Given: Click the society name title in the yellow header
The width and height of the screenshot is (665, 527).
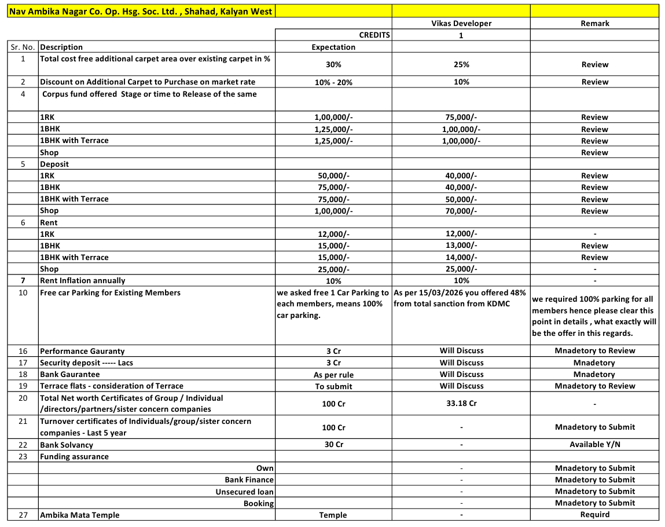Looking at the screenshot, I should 141,11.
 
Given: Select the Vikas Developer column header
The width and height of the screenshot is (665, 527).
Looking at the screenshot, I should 461,23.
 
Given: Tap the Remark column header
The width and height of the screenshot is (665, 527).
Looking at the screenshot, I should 594,23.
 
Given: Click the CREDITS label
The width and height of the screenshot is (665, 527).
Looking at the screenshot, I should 374,35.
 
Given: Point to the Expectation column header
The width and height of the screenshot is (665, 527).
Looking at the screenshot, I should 333,47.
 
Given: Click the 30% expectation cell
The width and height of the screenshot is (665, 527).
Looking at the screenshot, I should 333,64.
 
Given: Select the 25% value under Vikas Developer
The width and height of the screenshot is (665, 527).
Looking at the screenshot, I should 461,64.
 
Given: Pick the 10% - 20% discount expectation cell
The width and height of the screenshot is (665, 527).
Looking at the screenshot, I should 333,82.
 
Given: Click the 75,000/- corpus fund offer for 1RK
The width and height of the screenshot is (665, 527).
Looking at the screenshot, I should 461,117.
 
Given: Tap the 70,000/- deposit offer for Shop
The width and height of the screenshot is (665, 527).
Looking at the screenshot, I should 461,211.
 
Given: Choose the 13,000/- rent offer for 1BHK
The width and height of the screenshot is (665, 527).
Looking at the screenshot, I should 461,246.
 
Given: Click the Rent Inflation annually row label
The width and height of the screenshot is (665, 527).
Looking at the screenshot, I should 82,281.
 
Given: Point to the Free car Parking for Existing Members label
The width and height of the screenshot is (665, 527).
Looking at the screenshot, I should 110,292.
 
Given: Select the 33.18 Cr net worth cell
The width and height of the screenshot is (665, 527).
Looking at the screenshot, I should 461,403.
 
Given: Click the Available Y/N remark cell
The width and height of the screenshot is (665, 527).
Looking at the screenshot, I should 594,445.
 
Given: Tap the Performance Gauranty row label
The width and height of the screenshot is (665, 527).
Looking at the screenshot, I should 82,351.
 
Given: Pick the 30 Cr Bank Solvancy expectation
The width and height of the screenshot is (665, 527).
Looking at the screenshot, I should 333,445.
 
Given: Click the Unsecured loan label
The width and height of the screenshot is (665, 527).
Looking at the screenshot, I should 244,492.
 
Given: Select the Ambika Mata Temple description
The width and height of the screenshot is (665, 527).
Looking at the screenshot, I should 80,515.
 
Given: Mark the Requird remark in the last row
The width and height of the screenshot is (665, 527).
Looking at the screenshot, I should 594,514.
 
